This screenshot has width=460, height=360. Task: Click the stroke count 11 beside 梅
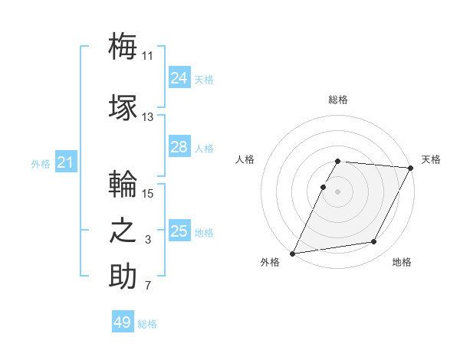[x=148, y=56]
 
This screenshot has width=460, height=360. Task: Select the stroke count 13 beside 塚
[x=148, y=117]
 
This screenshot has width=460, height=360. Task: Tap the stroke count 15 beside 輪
[x=148, y=194]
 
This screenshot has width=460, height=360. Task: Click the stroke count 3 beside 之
[x=148, y=241]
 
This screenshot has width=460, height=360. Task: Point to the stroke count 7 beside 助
[x=148, y=286]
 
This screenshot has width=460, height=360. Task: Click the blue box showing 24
[x=179, y=78]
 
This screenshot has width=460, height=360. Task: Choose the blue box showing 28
[x=179, y=147]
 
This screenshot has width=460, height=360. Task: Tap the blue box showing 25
[x=179, y=231]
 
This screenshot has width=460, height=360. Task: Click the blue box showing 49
[x=123, y=322]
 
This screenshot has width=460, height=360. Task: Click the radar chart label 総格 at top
[x=338, y=100]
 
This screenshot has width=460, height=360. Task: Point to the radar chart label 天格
[x=431, y=159]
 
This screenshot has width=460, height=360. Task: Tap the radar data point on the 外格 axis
[x=292, y=254]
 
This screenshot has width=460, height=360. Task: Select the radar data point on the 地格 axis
[x=374, y=242]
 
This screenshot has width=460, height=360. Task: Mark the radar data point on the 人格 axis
[x=324, y=187]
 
